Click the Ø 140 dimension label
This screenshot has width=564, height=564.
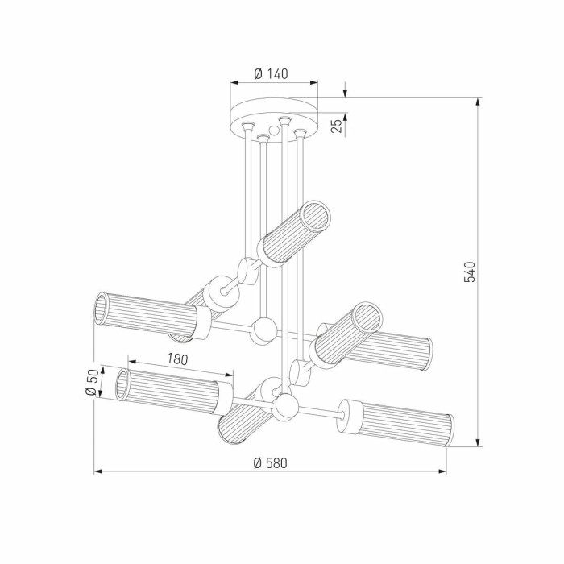272,73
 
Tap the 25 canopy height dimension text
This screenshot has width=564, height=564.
338,123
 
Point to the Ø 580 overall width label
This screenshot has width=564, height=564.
270,462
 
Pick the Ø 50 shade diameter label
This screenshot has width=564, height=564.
92,383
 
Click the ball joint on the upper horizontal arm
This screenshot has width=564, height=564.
263,330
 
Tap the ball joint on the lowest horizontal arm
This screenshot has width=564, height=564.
283,409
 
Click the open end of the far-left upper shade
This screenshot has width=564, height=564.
102,309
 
